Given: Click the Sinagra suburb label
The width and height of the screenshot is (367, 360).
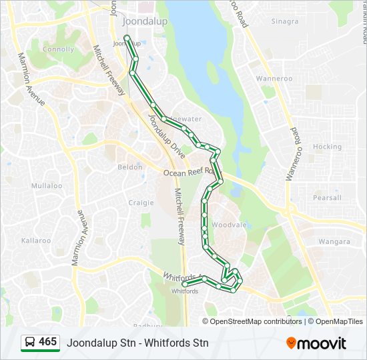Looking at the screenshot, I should [x=285, y=21].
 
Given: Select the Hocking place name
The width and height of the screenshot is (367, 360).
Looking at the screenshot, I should [x=327, y=147].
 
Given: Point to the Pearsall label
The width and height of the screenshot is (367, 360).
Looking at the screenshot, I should [x=327, y=198].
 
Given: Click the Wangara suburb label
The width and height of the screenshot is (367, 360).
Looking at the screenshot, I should [x=334, y=241].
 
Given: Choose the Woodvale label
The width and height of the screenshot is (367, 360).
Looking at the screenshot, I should [x=229, y=225].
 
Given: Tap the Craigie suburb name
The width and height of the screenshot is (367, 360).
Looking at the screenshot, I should [x=141, y=203].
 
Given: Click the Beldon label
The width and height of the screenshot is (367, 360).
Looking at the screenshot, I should [x=130, y=167].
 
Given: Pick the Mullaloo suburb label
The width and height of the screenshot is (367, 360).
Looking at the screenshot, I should [x=47, y=186].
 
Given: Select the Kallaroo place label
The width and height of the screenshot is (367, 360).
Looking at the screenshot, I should [x=36, y=240].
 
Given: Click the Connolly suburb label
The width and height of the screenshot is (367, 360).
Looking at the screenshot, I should [x=59, y=49].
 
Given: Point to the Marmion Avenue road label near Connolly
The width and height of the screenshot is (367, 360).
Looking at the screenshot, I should [x=31, y=79].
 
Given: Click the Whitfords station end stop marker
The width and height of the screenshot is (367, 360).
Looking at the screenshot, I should [x=185, y=284].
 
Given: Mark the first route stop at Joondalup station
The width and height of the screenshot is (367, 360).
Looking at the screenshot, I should [x=127, y=37].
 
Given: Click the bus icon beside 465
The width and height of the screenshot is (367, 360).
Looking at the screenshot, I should [x=29, y=343].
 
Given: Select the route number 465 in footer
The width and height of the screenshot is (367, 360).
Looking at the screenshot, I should [x=48, y=342].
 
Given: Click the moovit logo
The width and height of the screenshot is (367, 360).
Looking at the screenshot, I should [x=316, y=343].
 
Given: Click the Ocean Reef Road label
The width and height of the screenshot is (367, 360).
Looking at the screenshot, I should [x=189, y=173].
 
